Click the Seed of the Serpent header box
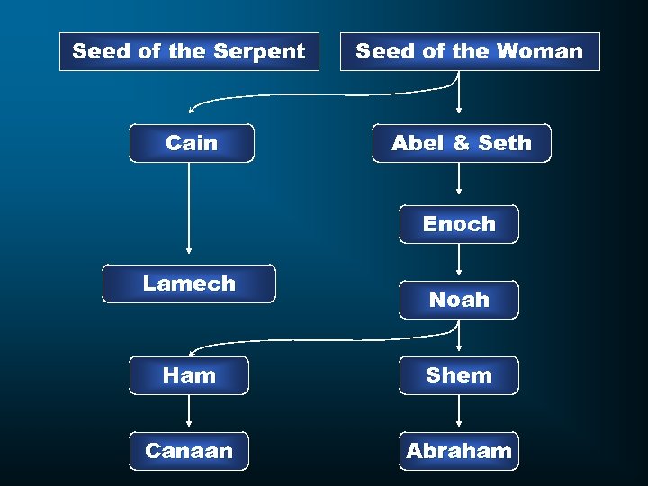(189, 52)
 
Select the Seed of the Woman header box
(470, 52)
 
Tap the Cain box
(192, 143)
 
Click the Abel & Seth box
(461, 143)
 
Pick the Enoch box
(459, 224)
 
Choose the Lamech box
(189, 283)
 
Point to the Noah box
(459, 300)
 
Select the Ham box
(189, 375)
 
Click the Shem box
(459, 375)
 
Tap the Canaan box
(189, 451)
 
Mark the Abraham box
(459, 451)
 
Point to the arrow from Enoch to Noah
(459, 260)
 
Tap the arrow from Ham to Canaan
(189, 412)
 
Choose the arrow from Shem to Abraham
(459, 412)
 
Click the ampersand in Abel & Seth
(462, 143)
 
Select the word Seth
(505, 143)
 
